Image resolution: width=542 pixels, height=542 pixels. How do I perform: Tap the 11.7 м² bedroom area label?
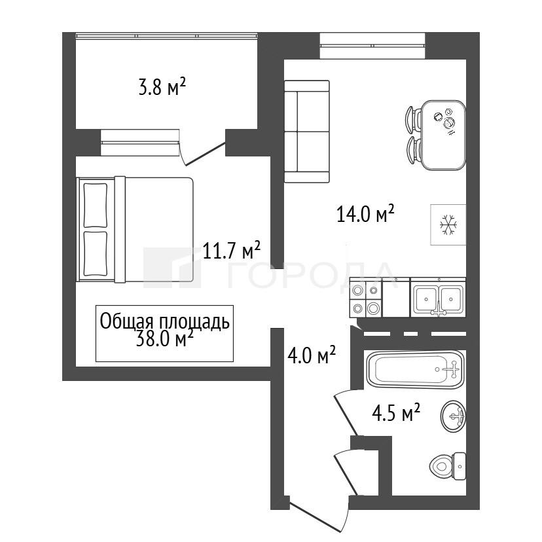(x=231, y=250)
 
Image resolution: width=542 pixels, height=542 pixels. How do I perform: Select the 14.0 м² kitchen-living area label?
(x=365, y=213)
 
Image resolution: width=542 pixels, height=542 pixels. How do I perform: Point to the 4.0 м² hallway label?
(x=312, y=355)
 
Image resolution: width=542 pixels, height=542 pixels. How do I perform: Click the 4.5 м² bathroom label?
(x=396, y=412)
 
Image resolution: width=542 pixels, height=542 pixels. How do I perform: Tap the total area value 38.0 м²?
(x=164, y=339)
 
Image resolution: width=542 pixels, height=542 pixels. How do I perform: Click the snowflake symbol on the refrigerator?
(x=448, y=225)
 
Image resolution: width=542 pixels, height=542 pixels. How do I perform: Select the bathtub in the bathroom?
(x=414, y=370)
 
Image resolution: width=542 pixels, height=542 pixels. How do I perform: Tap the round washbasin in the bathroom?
(x=453, y=416)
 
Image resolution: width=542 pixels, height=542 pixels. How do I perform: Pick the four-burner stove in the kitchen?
(x=366, y=298)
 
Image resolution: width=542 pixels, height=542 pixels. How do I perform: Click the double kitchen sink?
(x=438, y=298)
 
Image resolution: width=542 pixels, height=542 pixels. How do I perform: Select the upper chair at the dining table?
(x=413, y=120)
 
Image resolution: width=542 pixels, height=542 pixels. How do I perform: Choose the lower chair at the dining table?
(x=413, y=150)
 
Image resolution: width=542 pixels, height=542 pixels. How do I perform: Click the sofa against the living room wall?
(x=306, y=132)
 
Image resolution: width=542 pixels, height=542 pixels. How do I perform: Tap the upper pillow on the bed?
(x=96, y=205)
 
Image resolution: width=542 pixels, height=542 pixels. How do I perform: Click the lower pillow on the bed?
(x=96, y=254)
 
